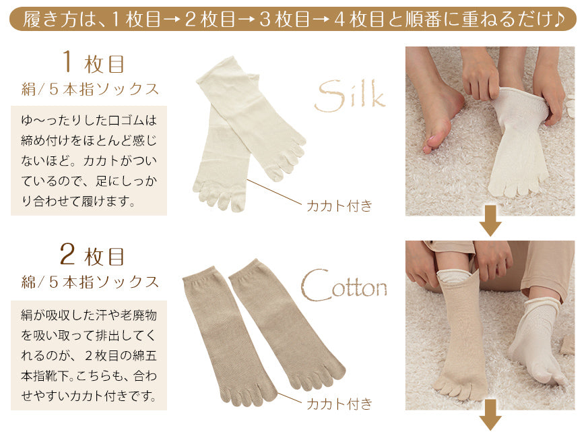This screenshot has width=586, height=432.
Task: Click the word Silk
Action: click(350, 95)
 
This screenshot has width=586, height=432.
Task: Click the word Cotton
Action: click(344, 286)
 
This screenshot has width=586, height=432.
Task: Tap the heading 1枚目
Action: click(93, 63)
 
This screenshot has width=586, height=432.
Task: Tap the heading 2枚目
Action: click(92, 255)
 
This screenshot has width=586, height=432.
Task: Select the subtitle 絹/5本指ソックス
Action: click(90, 90)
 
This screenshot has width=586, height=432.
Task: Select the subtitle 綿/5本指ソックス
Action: click(90, 282)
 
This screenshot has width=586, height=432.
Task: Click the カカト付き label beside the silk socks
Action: click(339, 206)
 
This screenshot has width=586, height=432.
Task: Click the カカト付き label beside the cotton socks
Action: click(339, 404)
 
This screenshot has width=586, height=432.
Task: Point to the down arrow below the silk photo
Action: click(490, 220)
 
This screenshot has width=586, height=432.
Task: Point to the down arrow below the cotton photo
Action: click(490, 414)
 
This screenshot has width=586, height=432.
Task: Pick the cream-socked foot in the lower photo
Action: click(534, 344)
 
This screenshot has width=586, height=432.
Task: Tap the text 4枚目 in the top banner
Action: click(359, 19)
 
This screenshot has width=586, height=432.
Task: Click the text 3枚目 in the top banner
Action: click(285, 19)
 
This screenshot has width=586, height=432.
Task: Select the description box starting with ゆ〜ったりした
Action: click(89, 161)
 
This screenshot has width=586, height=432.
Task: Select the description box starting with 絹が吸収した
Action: click(89, 355)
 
